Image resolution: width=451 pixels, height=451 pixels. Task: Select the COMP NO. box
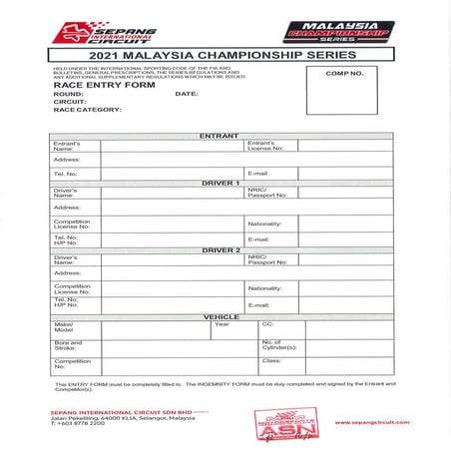pos(345,89)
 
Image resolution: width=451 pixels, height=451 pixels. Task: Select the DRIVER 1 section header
pos(221,183)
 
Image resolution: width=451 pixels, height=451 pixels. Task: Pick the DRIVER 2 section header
pos(221,249)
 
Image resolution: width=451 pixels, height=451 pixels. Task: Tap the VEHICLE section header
pos(221,316)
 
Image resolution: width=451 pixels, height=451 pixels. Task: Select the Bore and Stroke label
pos(66,345)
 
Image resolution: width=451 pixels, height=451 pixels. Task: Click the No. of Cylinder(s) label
pos(278,345)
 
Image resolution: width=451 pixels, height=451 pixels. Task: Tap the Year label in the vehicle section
pos(222,324)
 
